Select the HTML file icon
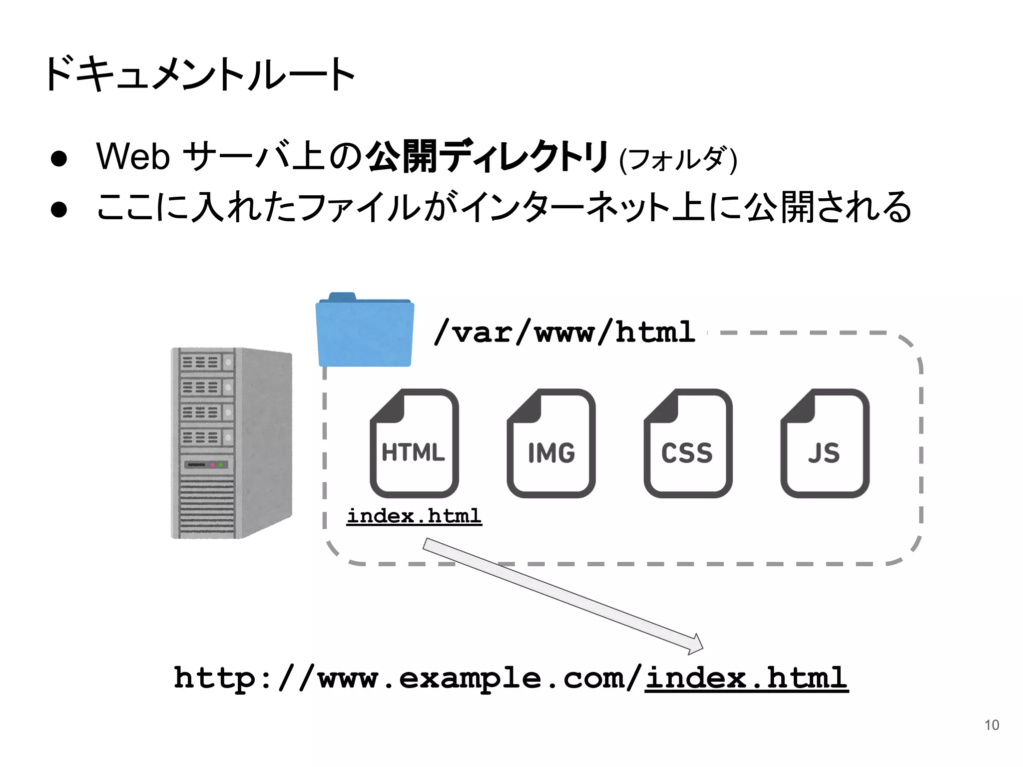[414, 443]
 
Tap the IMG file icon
[551, 443]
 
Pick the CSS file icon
[688, 443]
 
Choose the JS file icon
[825, 443]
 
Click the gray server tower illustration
[231, 443]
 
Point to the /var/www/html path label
[564, 332]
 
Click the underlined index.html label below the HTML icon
[414, 516]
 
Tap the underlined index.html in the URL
[746, 678]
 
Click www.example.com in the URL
[472, 678]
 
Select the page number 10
[992, 725]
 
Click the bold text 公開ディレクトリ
[487, 157]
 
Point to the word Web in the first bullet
[133, 157]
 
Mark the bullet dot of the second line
[59, 209]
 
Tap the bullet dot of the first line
[59, 158]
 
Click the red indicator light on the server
[212, 465]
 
